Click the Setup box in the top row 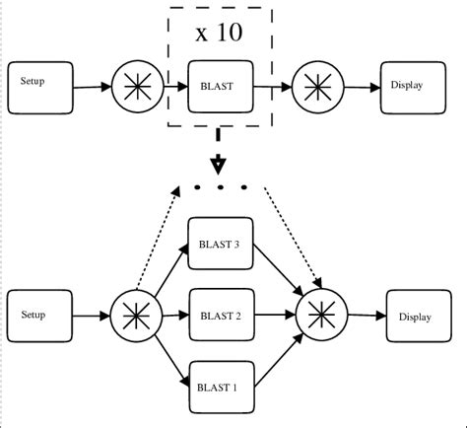(x=40, y=86)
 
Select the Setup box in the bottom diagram (x=40, y=316)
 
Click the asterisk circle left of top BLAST (x=136, y=87)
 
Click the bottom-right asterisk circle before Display (x=322, y=316)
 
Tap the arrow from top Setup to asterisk (x=92, y=87)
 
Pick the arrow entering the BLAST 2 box (x=173, y=316)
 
